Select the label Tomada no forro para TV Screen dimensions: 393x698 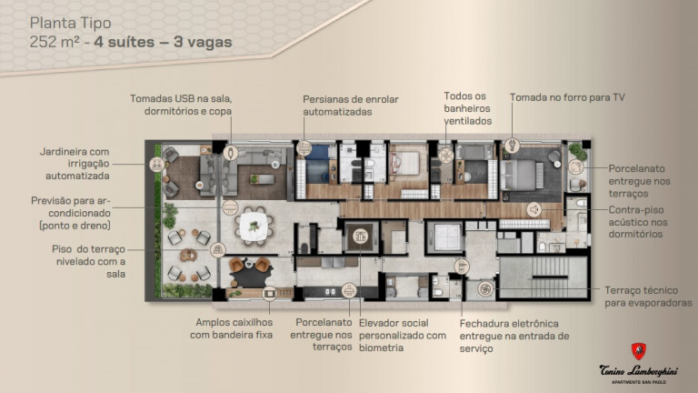pyautogui.click(x=567, y=97)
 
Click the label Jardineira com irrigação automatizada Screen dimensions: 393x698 pyautogui.click(x=75, y=163)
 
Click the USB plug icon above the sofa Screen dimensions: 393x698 pyautogui.click(x=231, y=152)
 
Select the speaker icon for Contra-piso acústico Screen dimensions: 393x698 pyautogui.click(x=534, y=208)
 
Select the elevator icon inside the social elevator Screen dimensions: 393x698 pyautogui.click(x=364, y=234)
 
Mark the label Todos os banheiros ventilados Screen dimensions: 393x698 pyautogui.click(x=468, y=108)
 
